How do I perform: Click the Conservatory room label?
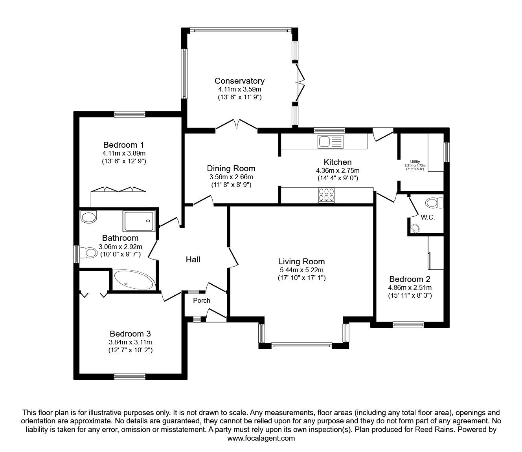(x=239, y=81)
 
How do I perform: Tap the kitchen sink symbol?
(x=330, y=141)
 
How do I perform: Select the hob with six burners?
(x=327, y=195)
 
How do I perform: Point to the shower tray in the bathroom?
(x=139, y=221)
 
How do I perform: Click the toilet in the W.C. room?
(x=434, y=203)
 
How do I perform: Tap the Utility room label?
(x=415, y=162)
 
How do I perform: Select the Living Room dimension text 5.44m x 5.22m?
(x=301, y=270)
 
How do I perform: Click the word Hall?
(x=193, y=260)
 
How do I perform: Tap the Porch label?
(x=202, y=300)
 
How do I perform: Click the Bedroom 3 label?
(x=130, y=334)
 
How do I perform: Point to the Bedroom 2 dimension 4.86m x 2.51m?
(x=410, y=287)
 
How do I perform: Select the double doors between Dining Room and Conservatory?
(x=236, y=124)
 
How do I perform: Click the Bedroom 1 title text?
(x=121, y=145)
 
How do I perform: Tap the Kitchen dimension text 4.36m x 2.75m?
(x=338, y=170)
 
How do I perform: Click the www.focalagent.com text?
(x=261, y=438)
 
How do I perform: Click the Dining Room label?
(x=231, y=168)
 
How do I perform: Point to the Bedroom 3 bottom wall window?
(x=130, y=376)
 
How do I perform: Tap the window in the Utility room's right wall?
(x=447, y=152)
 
